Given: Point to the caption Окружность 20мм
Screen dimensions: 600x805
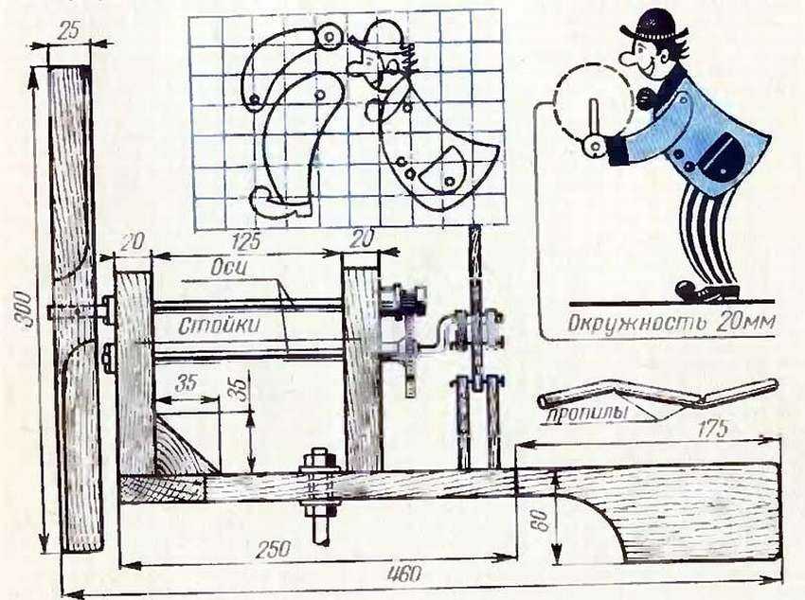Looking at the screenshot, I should (x=671, y=322).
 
